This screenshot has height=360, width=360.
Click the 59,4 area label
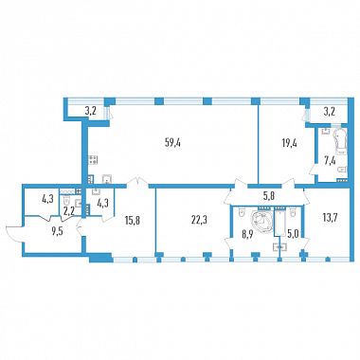click(172, 143)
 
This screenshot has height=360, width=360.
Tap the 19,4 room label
click(289, 143)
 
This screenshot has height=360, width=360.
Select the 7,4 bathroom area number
click(332, 161)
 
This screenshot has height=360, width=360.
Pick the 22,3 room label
click(200, 220)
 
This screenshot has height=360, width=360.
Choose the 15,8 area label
click(133, 220)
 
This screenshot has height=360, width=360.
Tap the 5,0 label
click(291, 235)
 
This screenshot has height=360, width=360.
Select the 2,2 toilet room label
click(68, 211)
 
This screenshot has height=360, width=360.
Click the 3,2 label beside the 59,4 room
click(90, 111)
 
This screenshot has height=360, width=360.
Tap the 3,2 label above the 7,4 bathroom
click(329, 111)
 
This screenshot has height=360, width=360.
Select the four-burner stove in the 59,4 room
click(94, 159)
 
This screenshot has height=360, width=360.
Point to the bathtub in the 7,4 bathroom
click(340, 141)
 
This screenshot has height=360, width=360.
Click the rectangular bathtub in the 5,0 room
click(280, 224)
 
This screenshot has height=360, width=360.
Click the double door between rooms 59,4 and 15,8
click(137, 181)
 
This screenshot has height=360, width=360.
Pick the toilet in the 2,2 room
click(66, 201)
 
